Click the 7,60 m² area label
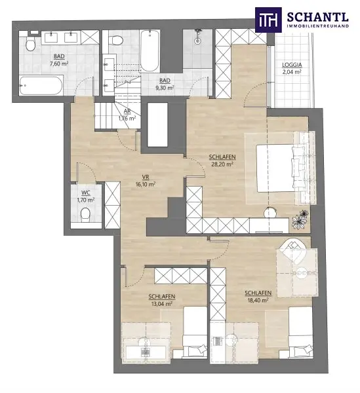pyautogui.click(x=60, y=60)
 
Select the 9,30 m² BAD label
pyautogui.click(x=164, y=83)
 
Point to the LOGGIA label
pyautogui.click(x=292, y=68)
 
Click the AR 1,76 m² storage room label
pyautogui.click(x=126, y=115)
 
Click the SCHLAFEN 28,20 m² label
pyautogui.click(x=221, y=160)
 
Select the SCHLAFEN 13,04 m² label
pyautogui.click(x=159, y=300)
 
